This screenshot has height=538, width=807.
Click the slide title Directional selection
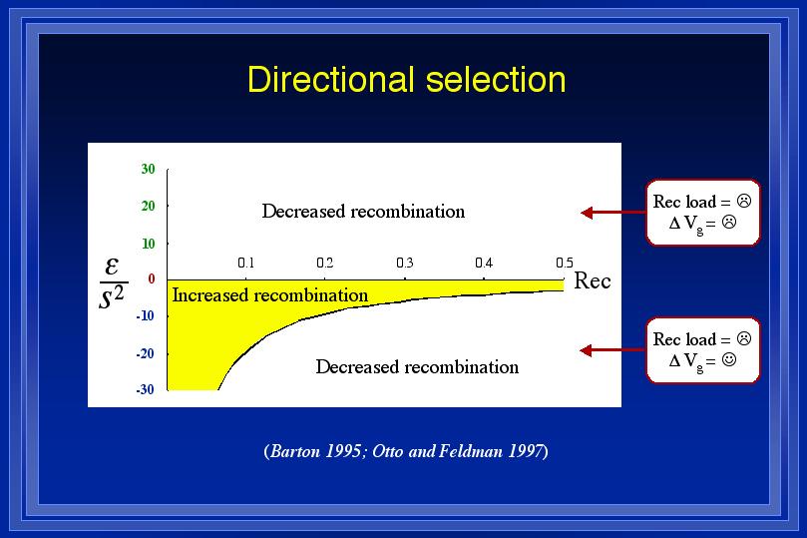pos(407,80)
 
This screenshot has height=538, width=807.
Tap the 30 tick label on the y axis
pos(148,169)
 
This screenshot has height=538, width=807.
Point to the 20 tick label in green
pos(148,206)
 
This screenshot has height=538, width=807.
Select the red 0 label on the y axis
pos(152,278)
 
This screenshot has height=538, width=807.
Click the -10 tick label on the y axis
pos(145,315)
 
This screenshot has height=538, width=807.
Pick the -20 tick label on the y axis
pos(145,353)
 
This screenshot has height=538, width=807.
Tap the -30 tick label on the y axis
pos(145,389)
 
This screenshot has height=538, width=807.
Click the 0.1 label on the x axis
pos(246,264)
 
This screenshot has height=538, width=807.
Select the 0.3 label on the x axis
pos(405,264)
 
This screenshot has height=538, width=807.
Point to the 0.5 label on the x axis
pos(564,264)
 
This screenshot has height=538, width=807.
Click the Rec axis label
pos(593,280)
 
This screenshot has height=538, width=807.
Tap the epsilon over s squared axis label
pos(113,282)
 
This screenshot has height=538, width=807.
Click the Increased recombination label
pos(269,295)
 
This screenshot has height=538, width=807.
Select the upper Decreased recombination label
pos(363,212)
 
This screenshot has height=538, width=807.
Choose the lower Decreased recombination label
pos(417,367)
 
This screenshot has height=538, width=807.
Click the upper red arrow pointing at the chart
pos(613,213)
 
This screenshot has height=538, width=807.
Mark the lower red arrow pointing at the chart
pos(612,350)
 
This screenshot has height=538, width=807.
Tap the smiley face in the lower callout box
pos(729,359)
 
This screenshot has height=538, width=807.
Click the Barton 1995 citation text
pos(314,451)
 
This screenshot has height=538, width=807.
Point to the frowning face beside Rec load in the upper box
pos(744,201)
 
